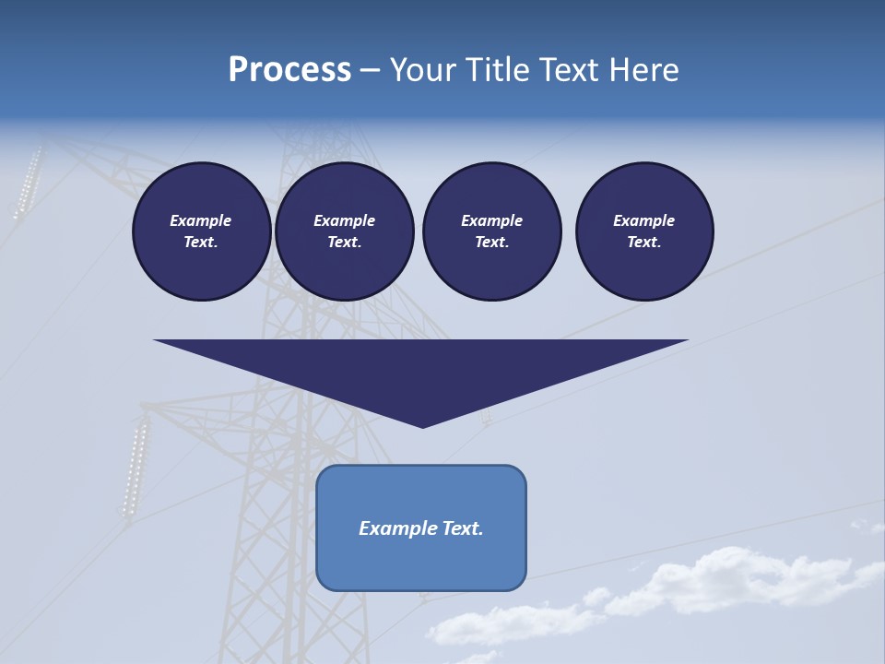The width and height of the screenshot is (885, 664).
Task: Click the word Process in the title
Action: click(x=289, y=70)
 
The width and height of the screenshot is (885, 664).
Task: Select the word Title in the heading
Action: click(x=499, y=70)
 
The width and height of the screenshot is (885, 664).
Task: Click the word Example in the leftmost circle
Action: click(x=200, y=220)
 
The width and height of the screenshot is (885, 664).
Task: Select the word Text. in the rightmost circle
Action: click(x=643, y=242)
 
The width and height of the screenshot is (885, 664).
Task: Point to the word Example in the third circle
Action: click(x=491, y=220)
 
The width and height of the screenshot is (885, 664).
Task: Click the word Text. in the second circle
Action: click(x=344, y=242)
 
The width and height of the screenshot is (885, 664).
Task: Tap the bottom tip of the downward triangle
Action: click(x=422, y=426)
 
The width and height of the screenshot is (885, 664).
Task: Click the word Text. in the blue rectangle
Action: click(x=463, y=528)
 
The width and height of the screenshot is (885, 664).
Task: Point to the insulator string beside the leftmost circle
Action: click(x=28, y=183)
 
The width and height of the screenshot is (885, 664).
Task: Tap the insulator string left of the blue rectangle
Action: click(x=135, y=468)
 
